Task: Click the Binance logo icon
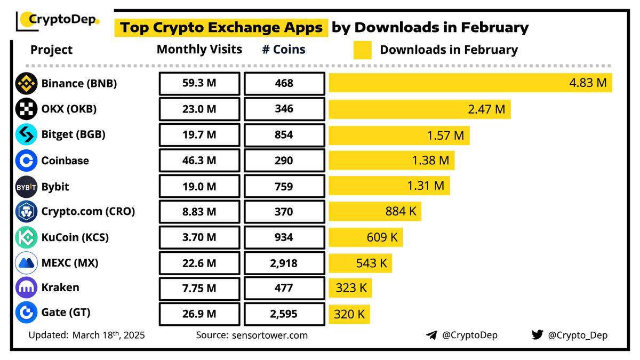(26, 84)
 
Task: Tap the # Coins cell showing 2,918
(284, 263)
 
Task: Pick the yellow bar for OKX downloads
(419, 109)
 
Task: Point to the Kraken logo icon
(26, 288)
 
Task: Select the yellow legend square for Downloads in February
(362, 50)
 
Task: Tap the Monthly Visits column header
(199, 50)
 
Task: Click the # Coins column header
(284, 50)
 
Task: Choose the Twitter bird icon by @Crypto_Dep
(537, 335)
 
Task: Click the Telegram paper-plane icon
(431, 335)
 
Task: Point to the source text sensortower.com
(269, 335)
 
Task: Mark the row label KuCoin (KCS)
(75, 237)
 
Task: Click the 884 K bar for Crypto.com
(374, 211)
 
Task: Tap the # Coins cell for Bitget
(284, 135)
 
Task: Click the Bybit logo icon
(26, 187)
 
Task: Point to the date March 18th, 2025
(108, 335)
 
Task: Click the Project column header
(51, 50)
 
